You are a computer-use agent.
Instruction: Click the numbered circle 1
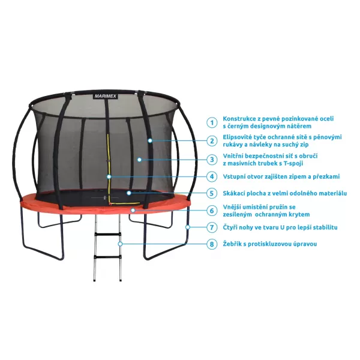coord(211,122)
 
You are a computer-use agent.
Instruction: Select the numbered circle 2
coord(211,141)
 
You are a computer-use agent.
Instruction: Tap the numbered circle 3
coord(211,160)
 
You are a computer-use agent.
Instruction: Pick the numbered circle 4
coord(211,176)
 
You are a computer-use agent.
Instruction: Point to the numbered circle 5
coord(211,193)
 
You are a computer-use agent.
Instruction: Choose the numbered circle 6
coord(211,211)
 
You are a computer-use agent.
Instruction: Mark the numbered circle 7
coord(211,227)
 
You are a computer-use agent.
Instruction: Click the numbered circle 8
coord(211,244)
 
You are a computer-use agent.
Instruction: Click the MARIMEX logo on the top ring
coord(106,95)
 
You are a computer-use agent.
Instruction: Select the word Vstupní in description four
coord(235,176)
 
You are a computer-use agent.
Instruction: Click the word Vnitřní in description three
coord(234,155)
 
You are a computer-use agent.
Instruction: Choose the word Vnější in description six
coord(233,206)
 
